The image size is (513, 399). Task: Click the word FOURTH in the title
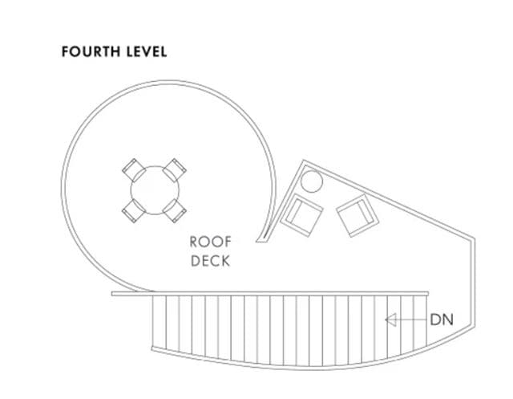(91, 51)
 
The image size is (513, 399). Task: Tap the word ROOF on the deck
(210, 242)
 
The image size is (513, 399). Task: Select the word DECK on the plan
(210, 261)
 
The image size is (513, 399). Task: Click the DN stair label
(442, 320)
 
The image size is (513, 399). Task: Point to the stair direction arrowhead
(391, 320)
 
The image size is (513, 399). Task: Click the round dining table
(155, 190)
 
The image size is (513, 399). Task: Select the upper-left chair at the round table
(134, 170)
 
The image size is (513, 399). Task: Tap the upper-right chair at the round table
(175, 170)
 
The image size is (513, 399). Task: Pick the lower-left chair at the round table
(134, 210)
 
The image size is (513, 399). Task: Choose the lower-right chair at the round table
(175, 210)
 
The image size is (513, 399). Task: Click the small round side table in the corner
(312, 181)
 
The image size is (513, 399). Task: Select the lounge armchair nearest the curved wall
(301, 215)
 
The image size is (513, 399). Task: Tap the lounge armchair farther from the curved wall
(358, 215)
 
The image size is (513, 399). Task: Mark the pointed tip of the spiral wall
(256, 242)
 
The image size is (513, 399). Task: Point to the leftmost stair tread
(160, 322)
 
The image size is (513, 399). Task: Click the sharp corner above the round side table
(304, 161)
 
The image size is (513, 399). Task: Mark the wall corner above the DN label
(474, 238)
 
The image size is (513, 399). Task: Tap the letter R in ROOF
(194, 242)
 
